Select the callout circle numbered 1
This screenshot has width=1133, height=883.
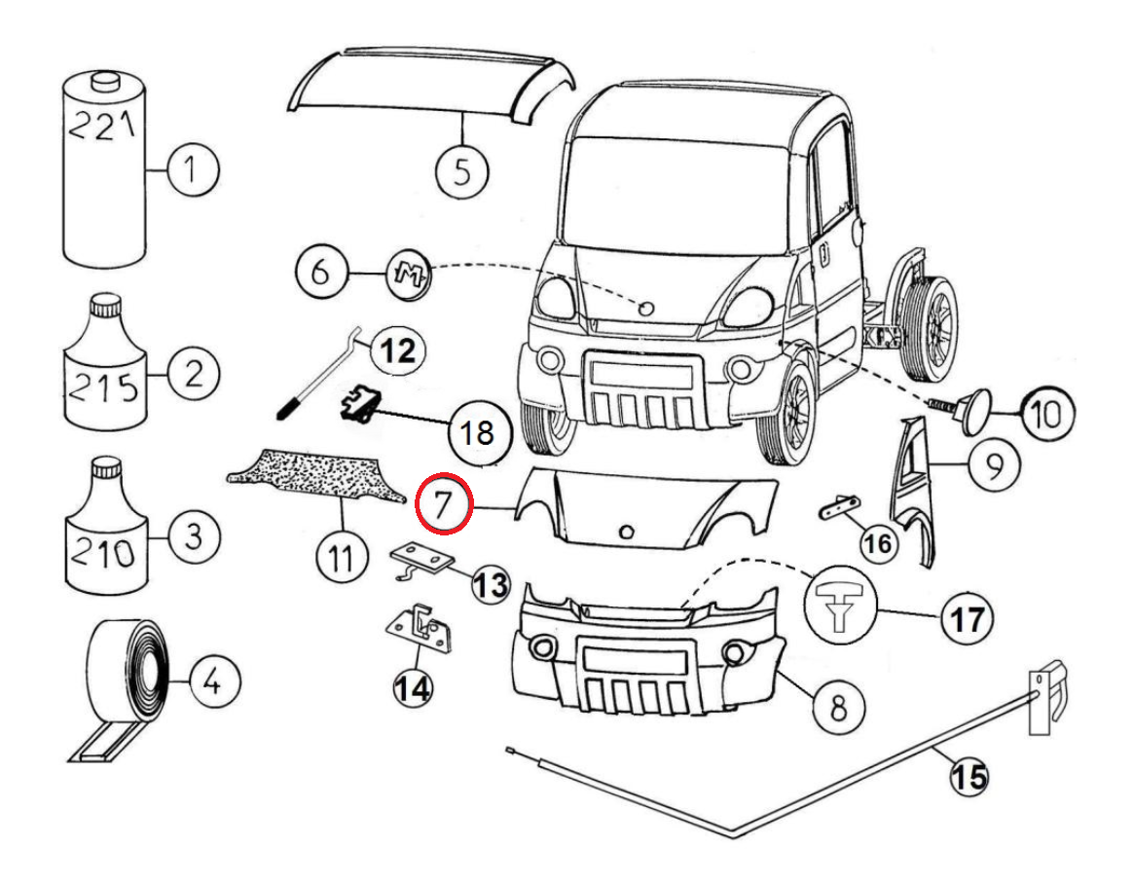tap(193, 171)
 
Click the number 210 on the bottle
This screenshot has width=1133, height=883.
tap(101, 555)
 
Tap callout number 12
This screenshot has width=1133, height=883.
tap(396, 349)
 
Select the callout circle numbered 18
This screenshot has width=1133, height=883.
tap(477, 431)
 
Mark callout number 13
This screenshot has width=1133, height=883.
tap(491, 584)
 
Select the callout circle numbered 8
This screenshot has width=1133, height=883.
tap(837, 704)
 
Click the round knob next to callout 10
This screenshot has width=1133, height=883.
tap(971, 409)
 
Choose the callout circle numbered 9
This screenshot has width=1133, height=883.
tap(990, 467)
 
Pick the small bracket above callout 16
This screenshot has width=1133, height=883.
tap(836, 507)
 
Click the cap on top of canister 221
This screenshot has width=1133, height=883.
tap(104, 81)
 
